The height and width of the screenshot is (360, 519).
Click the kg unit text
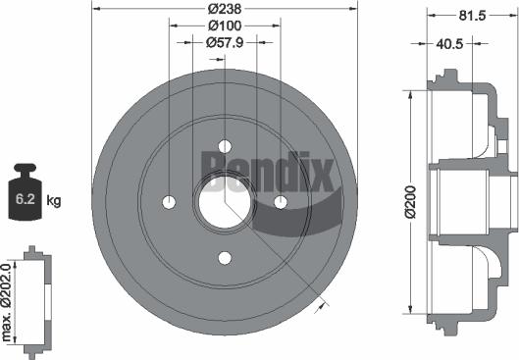[x=54, y=201]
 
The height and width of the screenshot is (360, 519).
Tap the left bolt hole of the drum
[x=168, y=202]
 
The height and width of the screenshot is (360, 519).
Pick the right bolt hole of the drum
[x=281, y=202]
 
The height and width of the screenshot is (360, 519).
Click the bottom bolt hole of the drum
[x=225, y=258]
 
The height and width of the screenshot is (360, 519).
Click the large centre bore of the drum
[x=225, y=201]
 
